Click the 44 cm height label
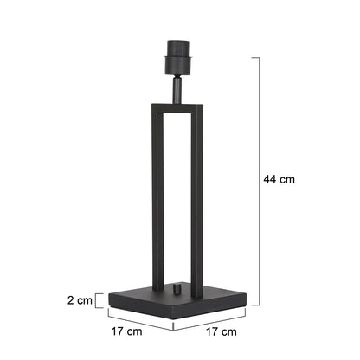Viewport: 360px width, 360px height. (x=279, y=179)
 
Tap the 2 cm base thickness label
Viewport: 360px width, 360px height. (x=80, y=300)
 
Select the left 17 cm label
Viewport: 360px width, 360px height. (x=126, y=331)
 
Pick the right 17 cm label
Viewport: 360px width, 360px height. (x=222, y=331)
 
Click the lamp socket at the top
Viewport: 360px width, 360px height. (x=177, y=57)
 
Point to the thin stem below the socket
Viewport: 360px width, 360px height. (x=177, y=89)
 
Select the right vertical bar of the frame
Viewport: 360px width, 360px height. (x=197, y=202)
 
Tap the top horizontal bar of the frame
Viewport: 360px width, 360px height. (x=177, y=107)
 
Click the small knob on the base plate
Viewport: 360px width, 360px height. (x=177, y=289)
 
